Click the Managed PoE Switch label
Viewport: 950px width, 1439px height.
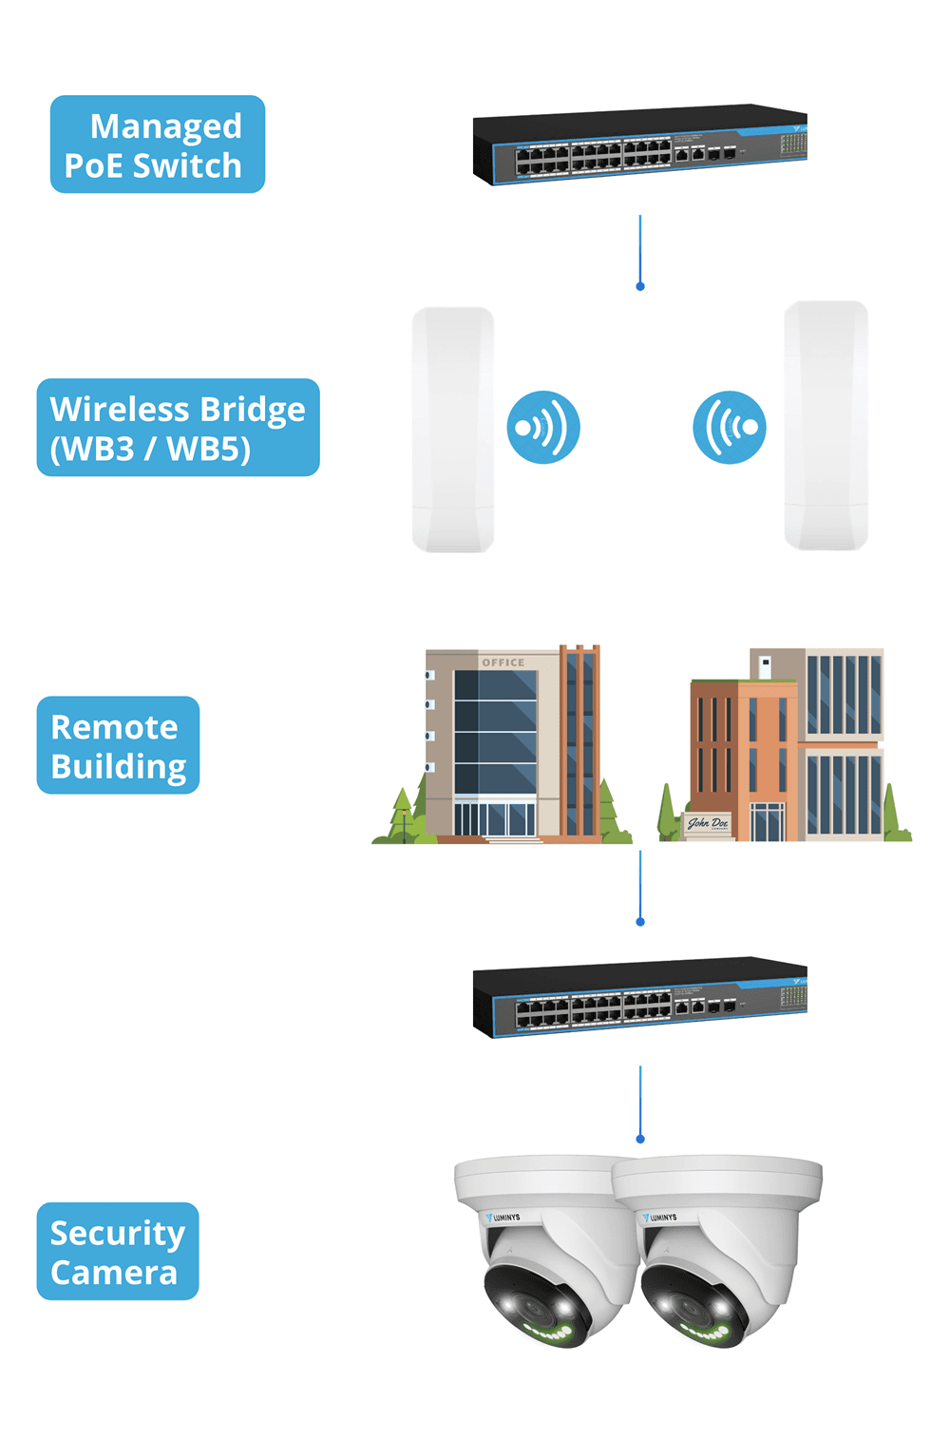157,144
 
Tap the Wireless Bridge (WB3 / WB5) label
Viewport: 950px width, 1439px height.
178,428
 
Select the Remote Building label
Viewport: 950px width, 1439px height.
118,745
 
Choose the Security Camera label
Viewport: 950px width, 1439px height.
118,1251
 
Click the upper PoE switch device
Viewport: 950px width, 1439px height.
639,144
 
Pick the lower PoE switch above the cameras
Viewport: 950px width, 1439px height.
639,997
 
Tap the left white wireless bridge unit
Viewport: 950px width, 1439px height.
453,429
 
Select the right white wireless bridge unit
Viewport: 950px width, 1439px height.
826,426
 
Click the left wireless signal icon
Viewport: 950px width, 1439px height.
543,428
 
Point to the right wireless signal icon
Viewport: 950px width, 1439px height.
730,428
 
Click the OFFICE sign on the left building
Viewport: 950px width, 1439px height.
503,662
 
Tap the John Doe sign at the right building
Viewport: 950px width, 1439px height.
709,823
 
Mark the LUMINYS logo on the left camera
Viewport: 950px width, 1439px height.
503,1217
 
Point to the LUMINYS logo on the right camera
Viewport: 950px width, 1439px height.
660,1217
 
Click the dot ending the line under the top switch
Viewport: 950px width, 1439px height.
640,286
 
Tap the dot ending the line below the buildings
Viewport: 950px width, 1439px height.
640,922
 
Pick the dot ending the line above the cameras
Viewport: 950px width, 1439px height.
640,1139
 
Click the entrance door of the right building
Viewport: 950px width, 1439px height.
768,822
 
